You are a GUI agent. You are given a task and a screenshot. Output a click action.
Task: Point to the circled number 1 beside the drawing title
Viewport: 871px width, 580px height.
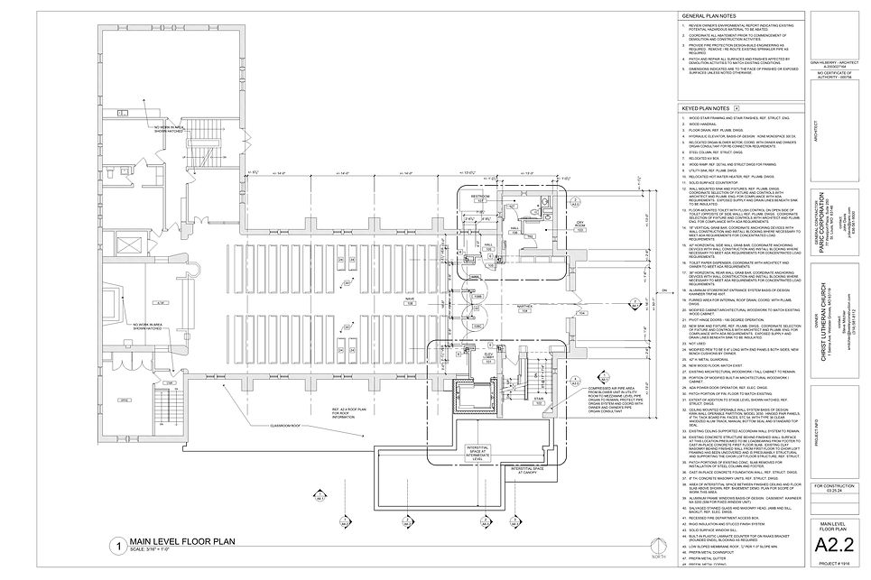[x=116, y=547]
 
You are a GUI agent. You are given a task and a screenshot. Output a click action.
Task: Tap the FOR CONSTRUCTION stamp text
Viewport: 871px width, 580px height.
[x=837, y=486]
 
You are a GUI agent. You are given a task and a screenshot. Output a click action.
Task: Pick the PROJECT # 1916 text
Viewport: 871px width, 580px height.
[x=837, y=565]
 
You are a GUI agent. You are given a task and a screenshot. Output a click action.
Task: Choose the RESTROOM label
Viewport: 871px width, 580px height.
[x=480, y=195]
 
